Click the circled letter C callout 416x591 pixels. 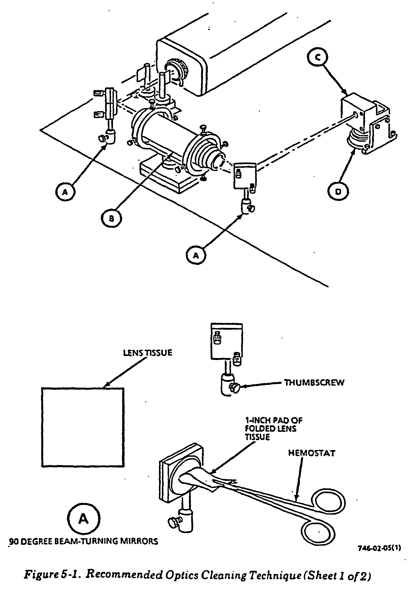click(318, 58)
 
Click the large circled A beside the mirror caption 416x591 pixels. click(84, 519)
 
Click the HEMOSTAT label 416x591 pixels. click(312, 460)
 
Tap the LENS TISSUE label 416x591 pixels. click(147, 353)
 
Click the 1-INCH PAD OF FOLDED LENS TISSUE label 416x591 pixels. click(274, 429)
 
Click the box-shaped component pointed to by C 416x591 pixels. click(353, 111)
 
